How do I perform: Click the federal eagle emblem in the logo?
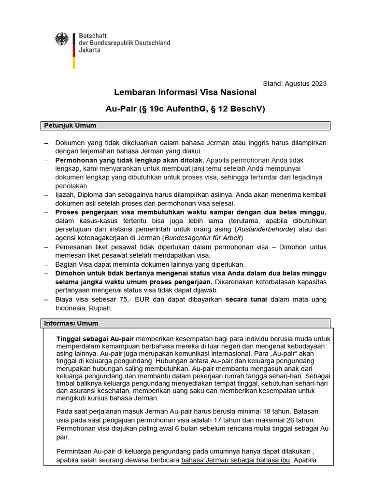(x=61, y=39)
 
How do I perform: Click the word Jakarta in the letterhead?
(x=89, y=50)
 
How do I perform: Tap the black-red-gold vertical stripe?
(x=74, y=51)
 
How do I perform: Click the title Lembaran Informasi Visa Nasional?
(x=185, y=92)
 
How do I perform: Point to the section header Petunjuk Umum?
(x=70, y=125)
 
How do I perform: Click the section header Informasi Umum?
(x=71, y=323)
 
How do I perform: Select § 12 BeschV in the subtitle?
(x=237, y=109)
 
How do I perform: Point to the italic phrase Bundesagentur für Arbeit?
(x=203, y=238)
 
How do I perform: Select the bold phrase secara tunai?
(x=246, y=300)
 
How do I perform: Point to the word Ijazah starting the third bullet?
(x=66, y=194)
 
